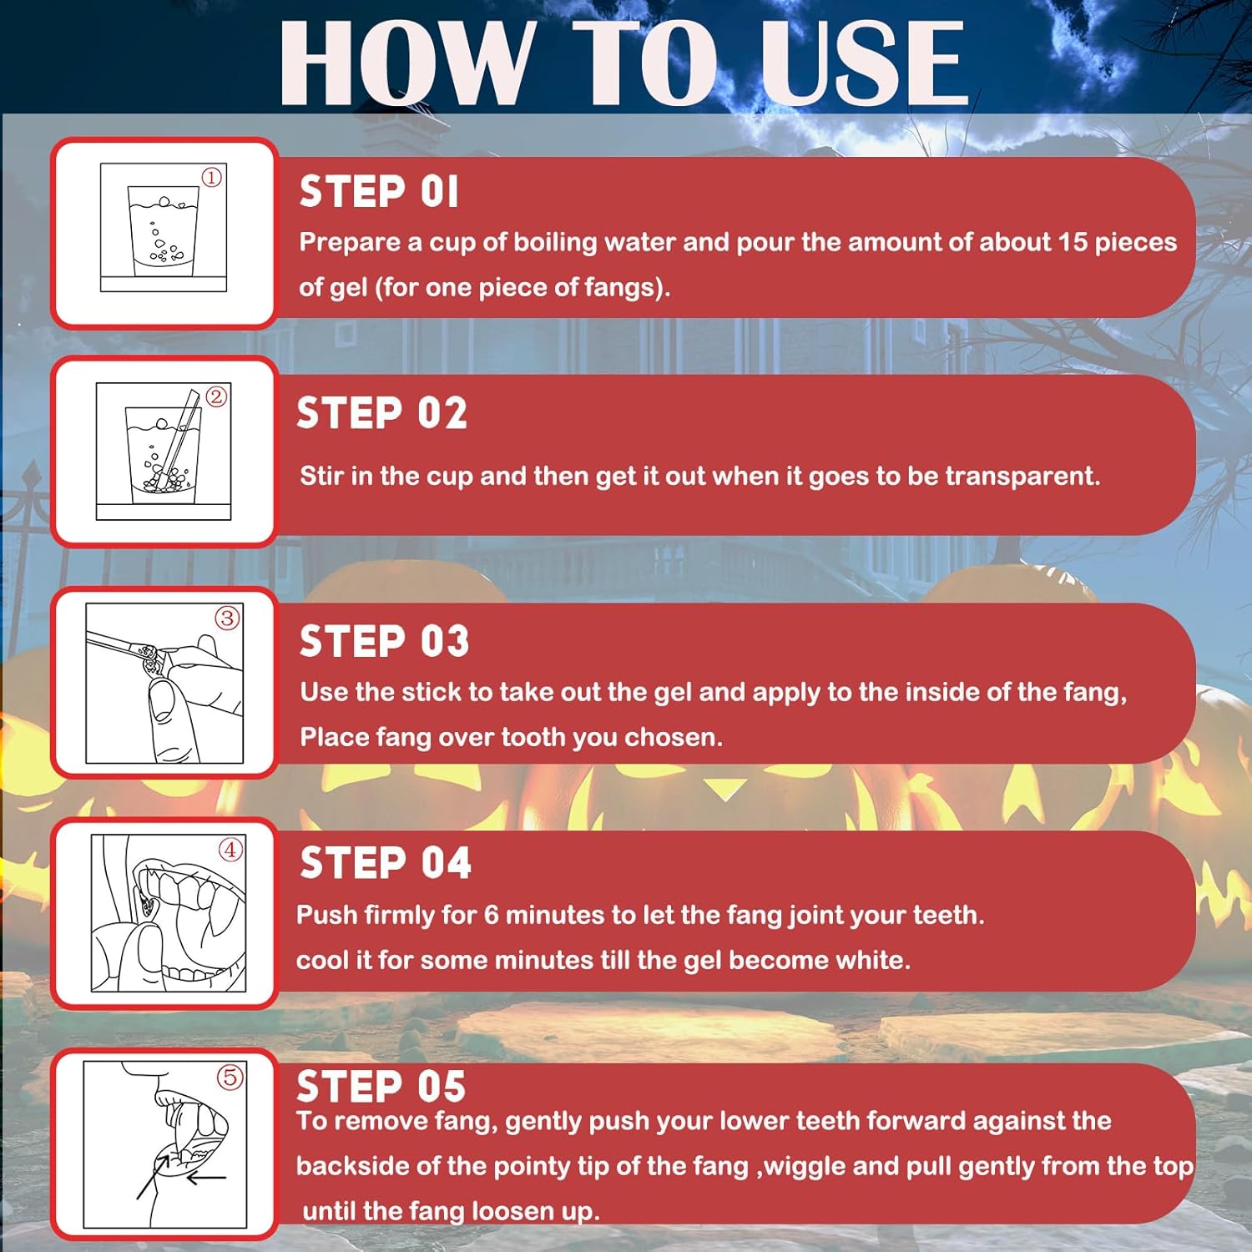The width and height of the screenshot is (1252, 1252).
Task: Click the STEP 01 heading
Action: pyautogui.click(x=379, y=192)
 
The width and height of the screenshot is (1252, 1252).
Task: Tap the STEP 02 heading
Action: pyautogui.click(x=381, y=413)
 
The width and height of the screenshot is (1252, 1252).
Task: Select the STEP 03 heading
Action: pyautogui.click(x=385, y=641)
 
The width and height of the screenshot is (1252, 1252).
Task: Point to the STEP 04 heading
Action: pyautogui.click(x=386, y=862)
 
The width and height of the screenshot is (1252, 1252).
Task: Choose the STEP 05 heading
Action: pyautogui.click(x=381, y=1086)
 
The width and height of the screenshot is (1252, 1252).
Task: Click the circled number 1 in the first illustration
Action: pyautogui.click(x=212, y=177)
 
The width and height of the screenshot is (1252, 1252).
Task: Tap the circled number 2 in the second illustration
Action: pyautogui.click(x=216, y=396)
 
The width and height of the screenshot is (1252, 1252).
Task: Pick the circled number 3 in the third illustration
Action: pyautogui.click(x=227, y=618)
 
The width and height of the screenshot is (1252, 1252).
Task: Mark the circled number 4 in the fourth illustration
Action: pyautogui.click(x=230, y=850)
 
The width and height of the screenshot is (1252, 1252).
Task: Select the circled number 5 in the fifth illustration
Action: pyautogui.click(x=230, y=1077)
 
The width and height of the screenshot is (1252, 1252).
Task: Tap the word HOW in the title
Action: pyautogui.click(x=406, y=63)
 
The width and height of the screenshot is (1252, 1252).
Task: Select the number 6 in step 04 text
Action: pyautogui.click(x=491, y=915)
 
